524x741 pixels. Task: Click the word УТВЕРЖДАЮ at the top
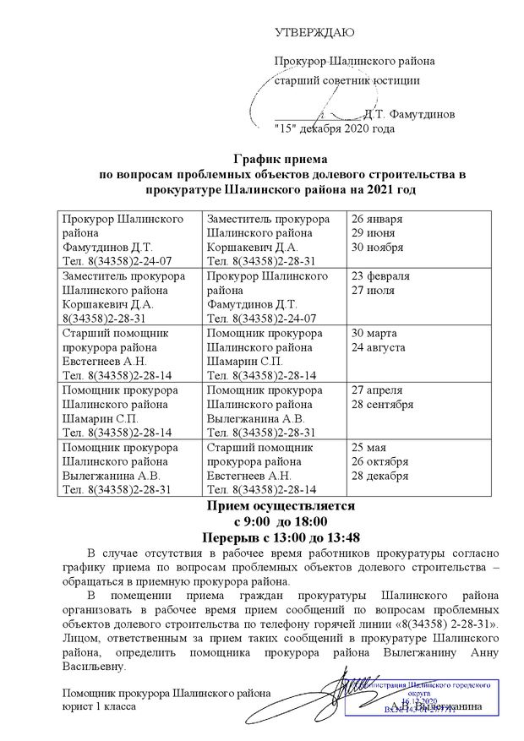314,33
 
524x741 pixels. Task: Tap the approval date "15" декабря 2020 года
335,129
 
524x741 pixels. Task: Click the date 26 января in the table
376,219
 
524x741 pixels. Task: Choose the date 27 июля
374,290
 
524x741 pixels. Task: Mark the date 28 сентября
382,404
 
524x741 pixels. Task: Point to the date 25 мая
369,448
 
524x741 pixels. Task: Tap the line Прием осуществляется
279,506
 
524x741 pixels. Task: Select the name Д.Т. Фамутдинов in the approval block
408,112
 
